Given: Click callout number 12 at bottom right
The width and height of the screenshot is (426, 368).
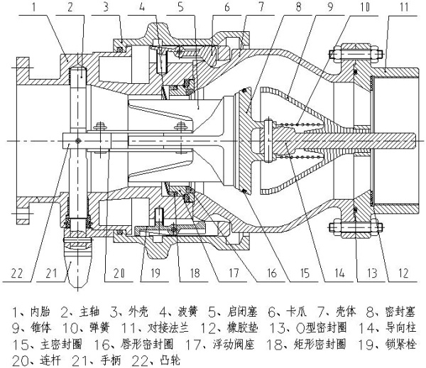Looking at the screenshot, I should pyautogui.click(x=404, y=271).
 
